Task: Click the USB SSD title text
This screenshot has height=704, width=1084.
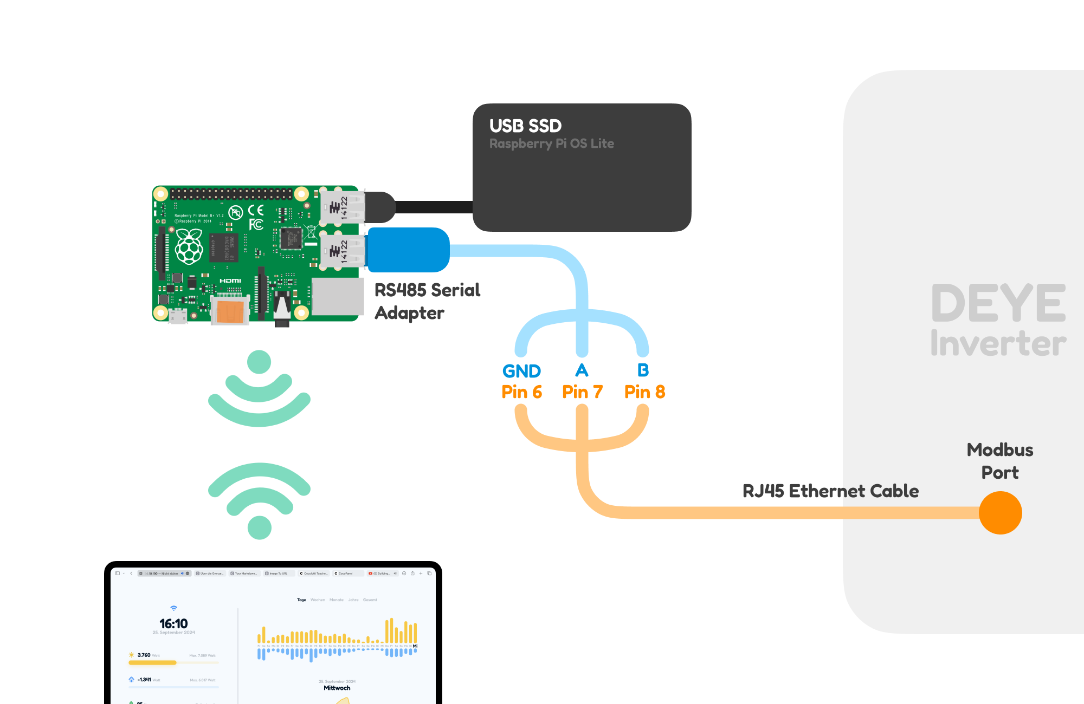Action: pyautogui.click(x=525, y=126)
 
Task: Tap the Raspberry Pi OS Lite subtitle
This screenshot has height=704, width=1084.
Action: pyautogui.click(x=551, y=144)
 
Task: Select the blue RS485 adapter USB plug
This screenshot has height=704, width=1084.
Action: pyautogui.click(x=409, y=250)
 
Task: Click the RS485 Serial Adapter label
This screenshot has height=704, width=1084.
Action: pyautogui.click(x=427, y=301)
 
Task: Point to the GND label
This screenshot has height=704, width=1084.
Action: pyautogui.click(x=521, y=371)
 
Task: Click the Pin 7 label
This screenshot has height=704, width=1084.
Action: pyautogui.click(x=582, y=392)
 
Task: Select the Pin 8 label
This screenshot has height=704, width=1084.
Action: pyautogui.click(x=644, y=392)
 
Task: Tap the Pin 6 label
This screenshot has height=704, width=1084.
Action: pyautogui.click(x=521, y=392)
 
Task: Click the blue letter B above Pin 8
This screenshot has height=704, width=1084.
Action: pyautogui.click(x=643, y=370)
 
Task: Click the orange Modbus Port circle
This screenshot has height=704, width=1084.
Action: pyautogui.click(x=1000, y=512)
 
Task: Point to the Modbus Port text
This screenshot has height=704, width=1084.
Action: pyautogui.click(x=1000, y=461)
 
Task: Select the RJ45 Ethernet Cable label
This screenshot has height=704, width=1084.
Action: pyautogui.click(x=830, y=491)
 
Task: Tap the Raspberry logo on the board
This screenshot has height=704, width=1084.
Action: pyautogui.click(x=189, y=246)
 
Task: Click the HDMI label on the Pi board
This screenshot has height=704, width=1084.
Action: pyautogui.click(x=230, y=281)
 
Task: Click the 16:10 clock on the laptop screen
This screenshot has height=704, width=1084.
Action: pyautogui.click(x=173, y=624)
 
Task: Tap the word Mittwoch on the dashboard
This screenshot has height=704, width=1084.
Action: pyautogui.click(x=337, y=688)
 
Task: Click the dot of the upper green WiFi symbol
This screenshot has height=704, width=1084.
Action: pyautogui.click(x=259, y=362)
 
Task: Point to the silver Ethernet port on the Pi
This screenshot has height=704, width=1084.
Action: pyautogui.click(x=337, y=297)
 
